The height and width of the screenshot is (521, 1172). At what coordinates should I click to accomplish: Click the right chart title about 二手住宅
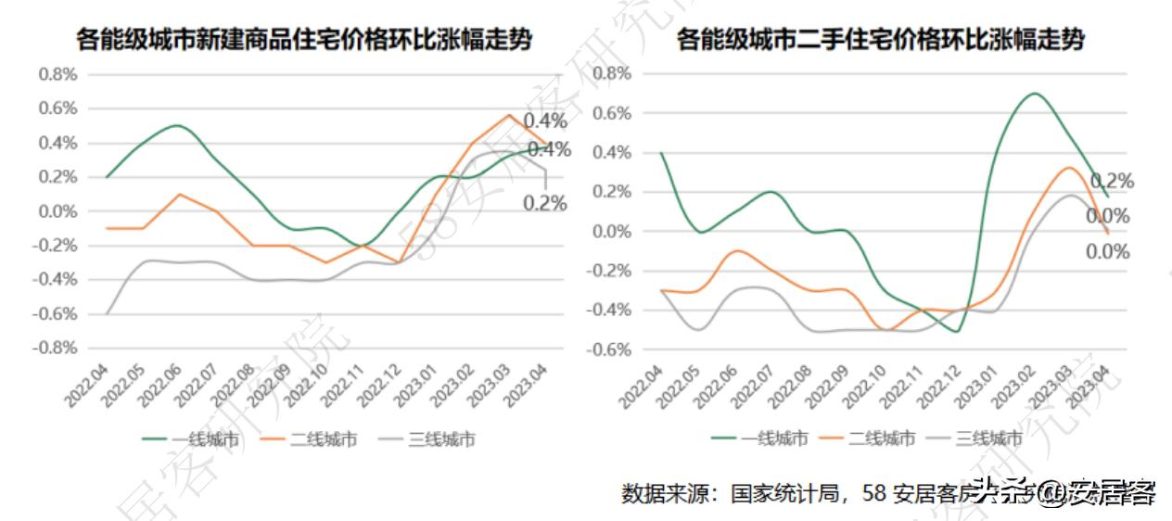(881, 40)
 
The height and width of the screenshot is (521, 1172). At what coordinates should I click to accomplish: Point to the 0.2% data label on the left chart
(545, 203)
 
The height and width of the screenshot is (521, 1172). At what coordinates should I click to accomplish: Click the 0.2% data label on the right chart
(1112, 181)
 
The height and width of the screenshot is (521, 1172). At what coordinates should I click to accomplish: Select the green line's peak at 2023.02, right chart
(1033, 94)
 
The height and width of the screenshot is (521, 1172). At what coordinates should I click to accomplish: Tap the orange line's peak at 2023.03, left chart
(509, 115)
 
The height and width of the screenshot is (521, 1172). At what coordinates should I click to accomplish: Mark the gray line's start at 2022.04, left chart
(107, 313)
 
